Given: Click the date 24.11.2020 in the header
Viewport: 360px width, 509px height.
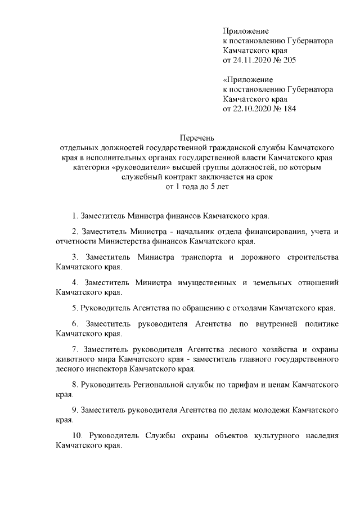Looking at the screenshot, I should (x=253, y=60).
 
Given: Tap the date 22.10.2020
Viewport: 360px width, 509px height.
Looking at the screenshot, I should (x=253, y=109).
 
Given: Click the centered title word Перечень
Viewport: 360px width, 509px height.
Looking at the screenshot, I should (x=198, y=137).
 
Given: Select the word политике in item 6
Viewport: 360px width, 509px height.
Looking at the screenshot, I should (x=319, y=325).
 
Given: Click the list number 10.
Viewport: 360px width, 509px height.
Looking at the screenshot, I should (x=77, y=436).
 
